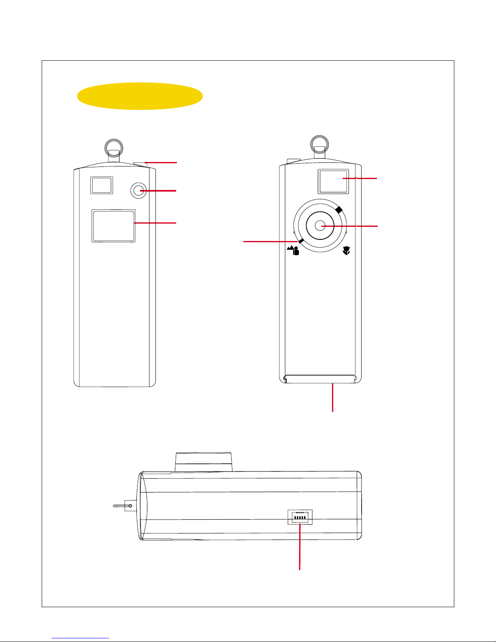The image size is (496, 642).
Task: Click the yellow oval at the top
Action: pyautogui.click(x=140, y=96)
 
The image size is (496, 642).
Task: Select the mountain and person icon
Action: pyautogui.click(x=293, y=250)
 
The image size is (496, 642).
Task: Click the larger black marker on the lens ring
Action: pyautogui.click(x=339, y=209)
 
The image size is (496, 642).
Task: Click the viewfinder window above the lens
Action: pyautogui.click(x=333, y=181)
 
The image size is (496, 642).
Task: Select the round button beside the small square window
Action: pyautogui.click(x=139, y=190)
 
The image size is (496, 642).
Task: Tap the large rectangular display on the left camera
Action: pyautogui.click(x=113, y=226)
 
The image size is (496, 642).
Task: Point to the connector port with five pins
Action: pyautogui.click(x=300, y=517)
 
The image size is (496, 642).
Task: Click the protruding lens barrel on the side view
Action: pyautogui.click(x=204, y=462)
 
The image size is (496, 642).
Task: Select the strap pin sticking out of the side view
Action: pyautogui.click(x=121, y=505)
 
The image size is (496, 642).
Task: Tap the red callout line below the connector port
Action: pyautogui.click(x=300, y=547)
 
